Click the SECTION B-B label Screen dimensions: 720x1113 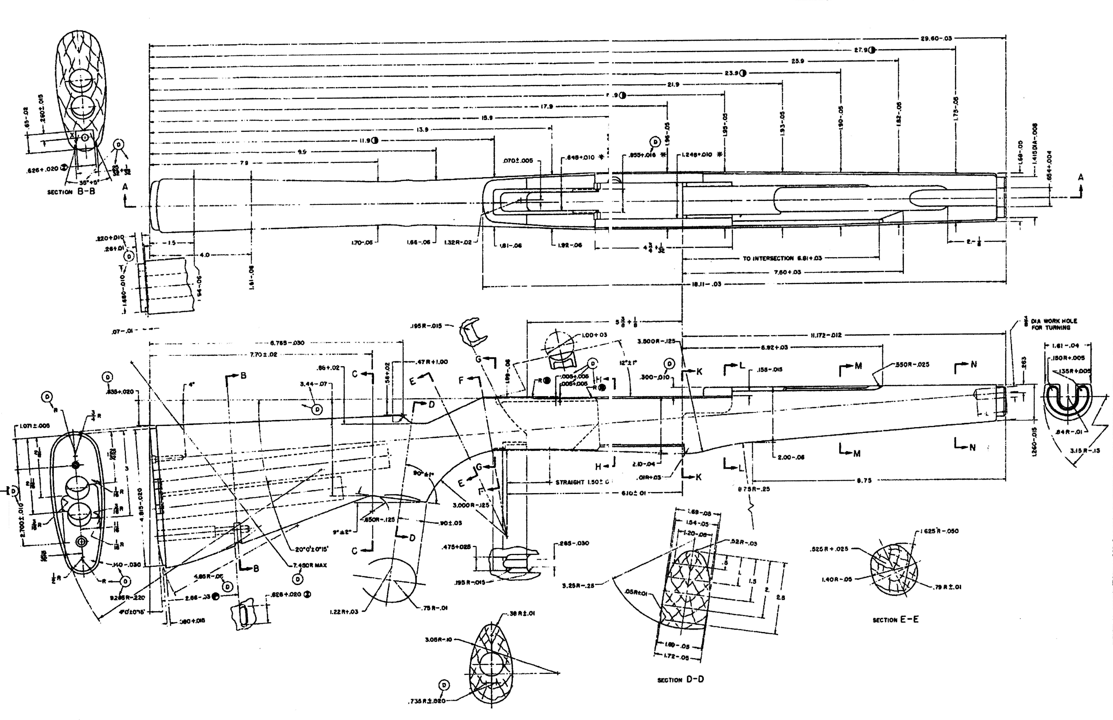71,192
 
